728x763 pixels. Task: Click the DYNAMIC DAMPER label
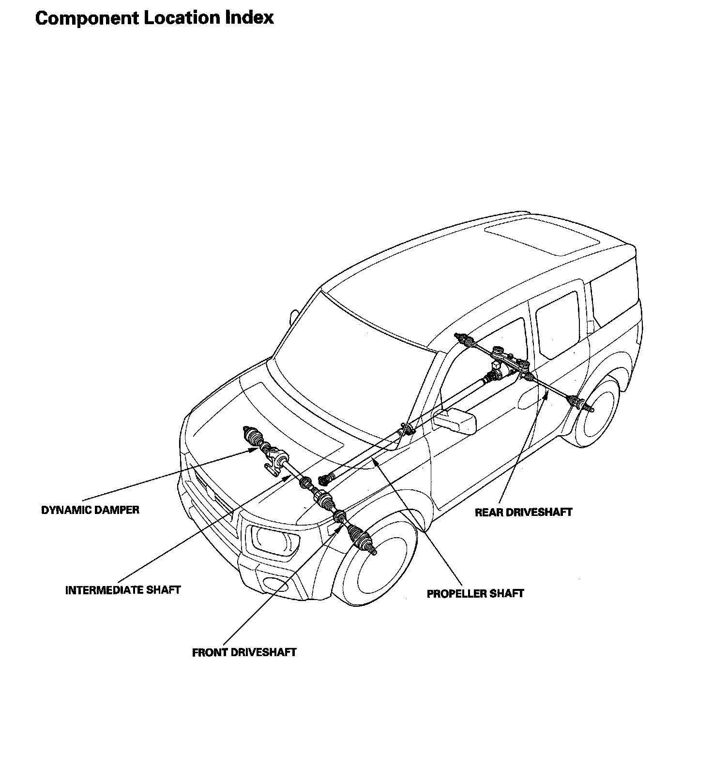(x=90, y=510)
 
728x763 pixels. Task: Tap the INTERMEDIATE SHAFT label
(x=123, y=590)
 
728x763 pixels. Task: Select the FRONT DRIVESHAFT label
(x=244, y=652)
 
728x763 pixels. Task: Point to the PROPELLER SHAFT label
(x=475, y=593)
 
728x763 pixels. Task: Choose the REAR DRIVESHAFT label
(x=523, y=512)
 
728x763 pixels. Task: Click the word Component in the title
(x=86, y=18)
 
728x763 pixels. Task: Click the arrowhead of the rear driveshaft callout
(x=546, y=393)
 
